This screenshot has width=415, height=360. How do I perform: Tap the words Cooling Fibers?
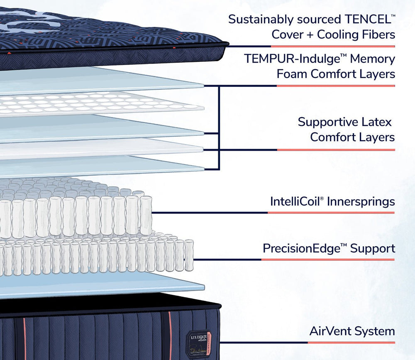point(356,34)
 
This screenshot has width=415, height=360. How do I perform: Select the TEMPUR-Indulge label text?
point(295,59)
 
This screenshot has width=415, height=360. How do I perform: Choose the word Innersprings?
point(361,202)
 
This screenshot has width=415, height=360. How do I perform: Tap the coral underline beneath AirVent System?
point(351,343)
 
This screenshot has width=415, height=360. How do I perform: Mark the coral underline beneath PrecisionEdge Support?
point(328,260)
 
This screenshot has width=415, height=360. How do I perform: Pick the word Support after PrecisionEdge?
point(372,249)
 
